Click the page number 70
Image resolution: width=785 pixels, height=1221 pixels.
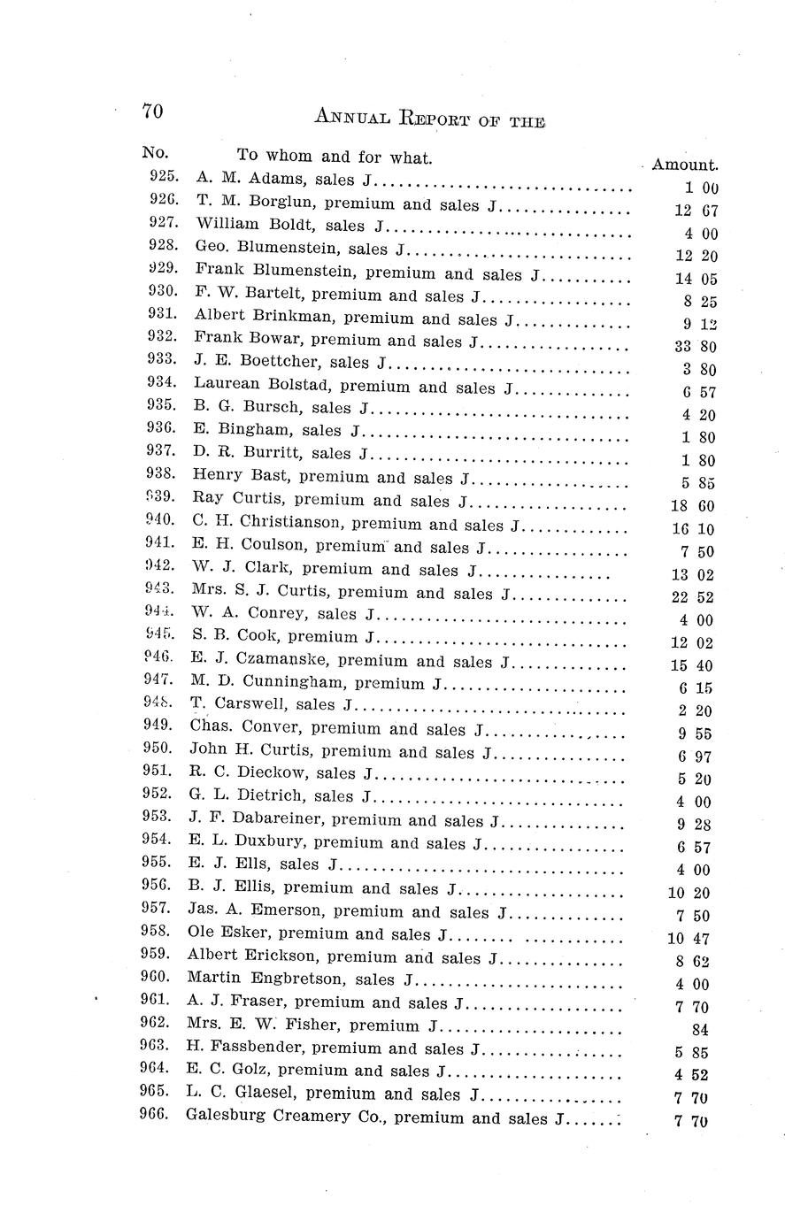click(151, 111)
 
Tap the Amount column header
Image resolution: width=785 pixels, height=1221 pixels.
click(684, 165)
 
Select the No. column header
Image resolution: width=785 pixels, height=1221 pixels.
click(155, 152)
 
